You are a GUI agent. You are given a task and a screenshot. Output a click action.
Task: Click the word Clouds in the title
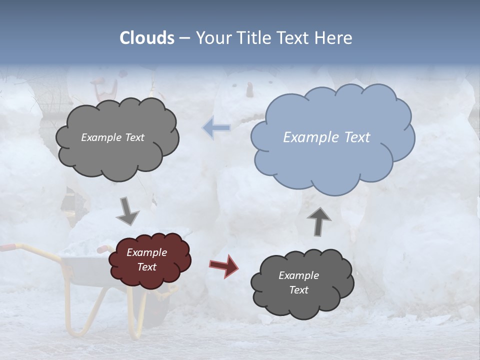147,38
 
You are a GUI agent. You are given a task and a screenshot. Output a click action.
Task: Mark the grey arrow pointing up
318,221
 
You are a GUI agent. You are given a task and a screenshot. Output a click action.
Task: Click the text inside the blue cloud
326,137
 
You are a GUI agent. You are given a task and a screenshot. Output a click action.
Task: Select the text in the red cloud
146,259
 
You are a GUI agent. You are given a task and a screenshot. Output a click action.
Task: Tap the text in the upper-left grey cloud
112,137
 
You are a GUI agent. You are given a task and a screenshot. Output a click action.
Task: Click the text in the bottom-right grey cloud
298,282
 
